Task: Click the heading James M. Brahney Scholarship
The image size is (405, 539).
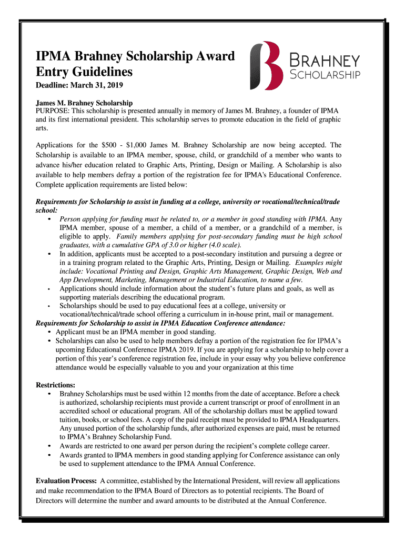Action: coord(84,103)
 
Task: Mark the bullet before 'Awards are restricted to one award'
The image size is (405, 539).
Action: coord(49,446)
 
